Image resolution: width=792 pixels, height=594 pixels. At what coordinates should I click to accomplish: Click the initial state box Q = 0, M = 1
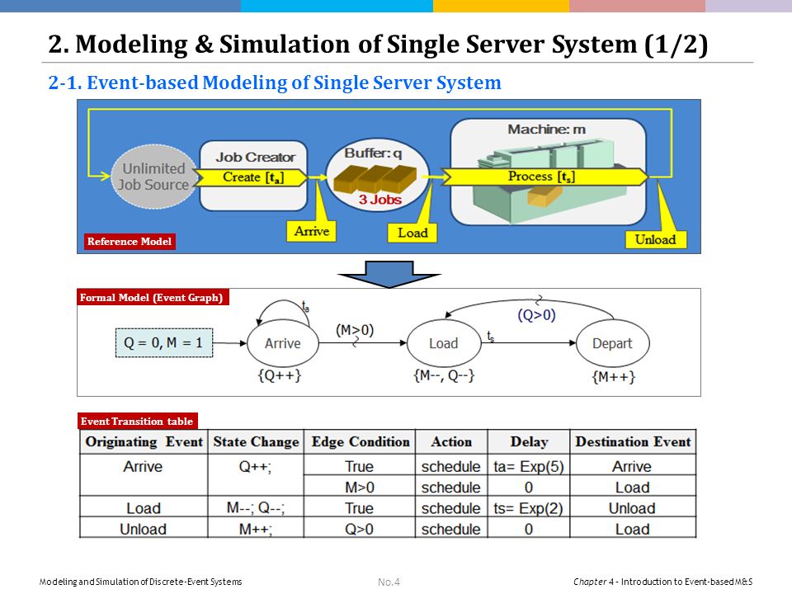pyautogui.click(x=164, y=343)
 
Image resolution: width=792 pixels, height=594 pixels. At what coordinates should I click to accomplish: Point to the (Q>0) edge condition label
pyautogui.click(x=536, y=315)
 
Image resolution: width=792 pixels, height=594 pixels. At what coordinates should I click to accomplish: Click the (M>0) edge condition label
pyautogui.click(x=355, y=330)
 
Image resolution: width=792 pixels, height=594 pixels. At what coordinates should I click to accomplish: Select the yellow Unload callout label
pyautogui.click(x=655, y=239)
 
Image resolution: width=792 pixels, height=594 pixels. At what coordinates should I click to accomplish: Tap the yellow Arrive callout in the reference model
pyautogui.click(x=312, y=231)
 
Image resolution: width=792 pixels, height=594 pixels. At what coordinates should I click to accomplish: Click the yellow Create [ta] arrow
pyautogui.click(x=251, y=177)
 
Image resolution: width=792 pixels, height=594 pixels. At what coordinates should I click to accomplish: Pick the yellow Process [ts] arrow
pyautogui.click(x=544, y=177)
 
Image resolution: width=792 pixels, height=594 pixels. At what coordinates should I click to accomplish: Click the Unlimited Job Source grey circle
pyautogui.click(x=153, y=177)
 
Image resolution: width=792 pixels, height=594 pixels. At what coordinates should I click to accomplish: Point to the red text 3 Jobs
pyautogui.click(x=379, y=200)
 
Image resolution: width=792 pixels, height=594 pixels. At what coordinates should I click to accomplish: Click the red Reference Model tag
pyautogui.click(x=130, y=242)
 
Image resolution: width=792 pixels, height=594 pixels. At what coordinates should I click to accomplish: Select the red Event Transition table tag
pyautogui.click(x=137, y=422)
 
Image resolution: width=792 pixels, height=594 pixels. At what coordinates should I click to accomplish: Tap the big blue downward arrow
pyautogui.click(x=389, y=274)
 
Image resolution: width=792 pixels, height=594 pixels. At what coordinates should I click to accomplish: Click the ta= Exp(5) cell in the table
pyautogui.click(x=528, y=466)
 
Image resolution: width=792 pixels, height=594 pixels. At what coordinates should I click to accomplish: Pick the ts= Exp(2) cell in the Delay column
pyautogui.click(x=528, y=508)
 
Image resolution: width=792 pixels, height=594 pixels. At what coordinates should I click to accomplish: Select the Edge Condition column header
pyautogui.click(x=361, y=442)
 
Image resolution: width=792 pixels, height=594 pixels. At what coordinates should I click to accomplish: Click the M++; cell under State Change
pyautogui.click(x=256, y=530)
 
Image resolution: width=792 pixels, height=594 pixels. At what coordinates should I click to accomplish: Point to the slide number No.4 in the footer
pyautogui.click(x=389, y=582)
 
